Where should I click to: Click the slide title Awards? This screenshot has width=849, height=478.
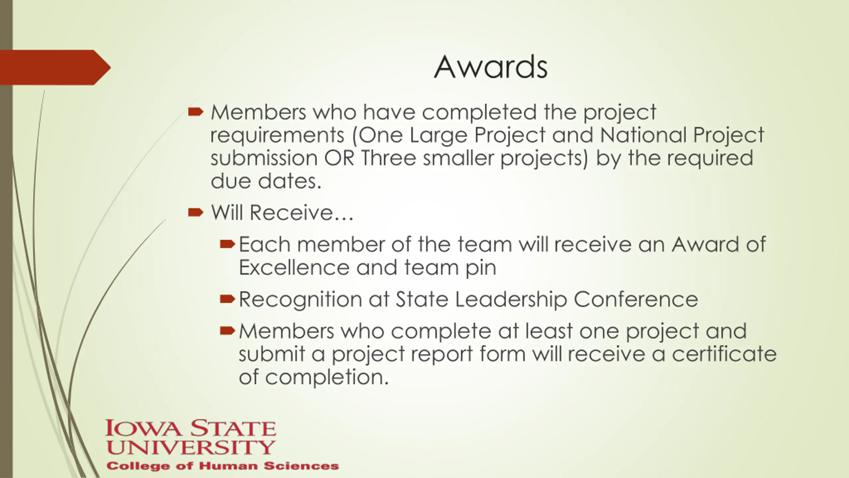[x=490, y=67]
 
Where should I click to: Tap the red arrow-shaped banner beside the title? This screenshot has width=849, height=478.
[x=55, y=67]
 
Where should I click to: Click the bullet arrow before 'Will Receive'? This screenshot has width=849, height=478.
[x=195, y=212]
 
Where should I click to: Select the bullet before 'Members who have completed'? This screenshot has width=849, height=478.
[x=195, y=112]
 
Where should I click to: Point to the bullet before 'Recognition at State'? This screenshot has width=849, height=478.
[x=227, y=299]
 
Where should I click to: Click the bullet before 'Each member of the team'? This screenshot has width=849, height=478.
[x=227, y=245]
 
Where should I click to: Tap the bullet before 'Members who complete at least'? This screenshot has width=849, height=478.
[x=227, y=331]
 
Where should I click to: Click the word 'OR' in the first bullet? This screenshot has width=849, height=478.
[x=339, y=158]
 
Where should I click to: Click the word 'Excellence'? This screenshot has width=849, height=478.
[x=294, y=268]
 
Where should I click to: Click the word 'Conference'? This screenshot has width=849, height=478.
[x=636, y=299]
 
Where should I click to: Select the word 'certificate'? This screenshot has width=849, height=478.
[x=724, y=354]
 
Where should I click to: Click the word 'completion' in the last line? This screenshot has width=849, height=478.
[x=327, y=378]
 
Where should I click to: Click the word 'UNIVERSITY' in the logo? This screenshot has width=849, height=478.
[x=191, y=447]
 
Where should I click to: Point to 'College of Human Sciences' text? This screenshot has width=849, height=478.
[x=223, y=466]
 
